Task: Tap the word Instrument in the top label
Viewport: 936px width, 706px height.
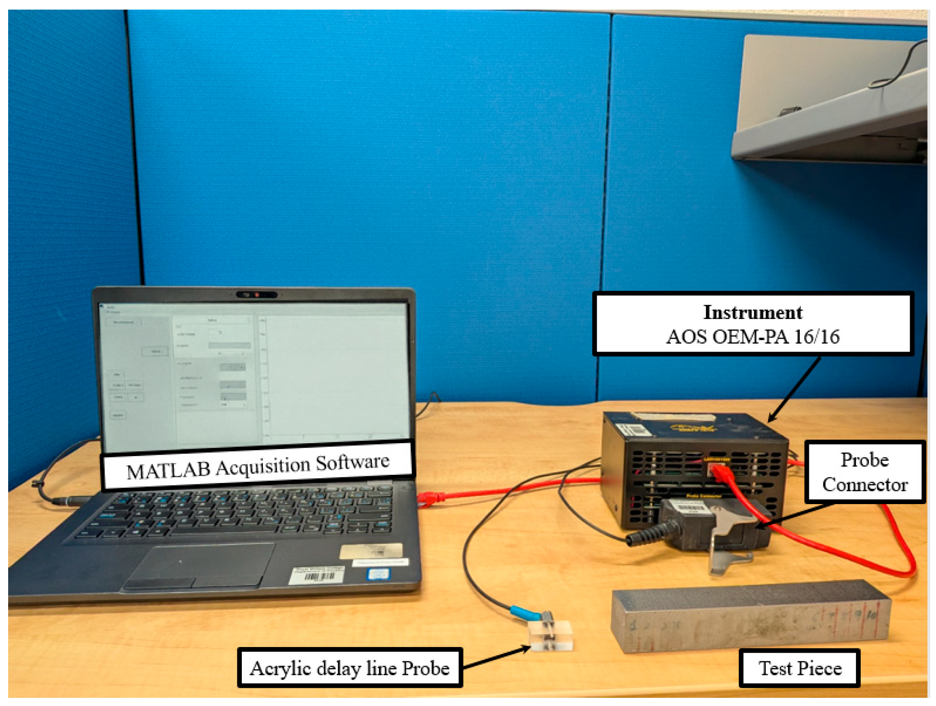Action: (x=752, y=313)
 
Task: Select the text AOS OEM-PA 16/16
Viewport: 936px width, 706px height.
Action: (x=752, y=337)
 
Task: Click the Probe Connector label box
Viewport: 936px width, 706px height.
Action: (x=865, y=472)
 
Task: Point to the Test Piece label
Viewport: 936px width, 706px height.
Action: (x=799, y=668)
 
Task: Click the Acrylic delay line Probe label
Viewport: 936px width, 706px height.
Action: (x=350, y=668)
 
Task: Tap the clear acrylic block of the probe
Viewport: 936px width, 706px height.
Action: (x=552, y=636)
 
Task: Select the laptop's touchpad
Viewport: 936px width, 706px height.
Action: (x=199, y=566)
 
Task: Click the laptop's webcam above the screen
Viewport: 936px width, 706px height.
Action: (x=257, y=294)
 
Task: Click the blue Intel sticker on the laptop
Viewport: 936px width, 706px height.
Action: (x=378, y=574)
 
